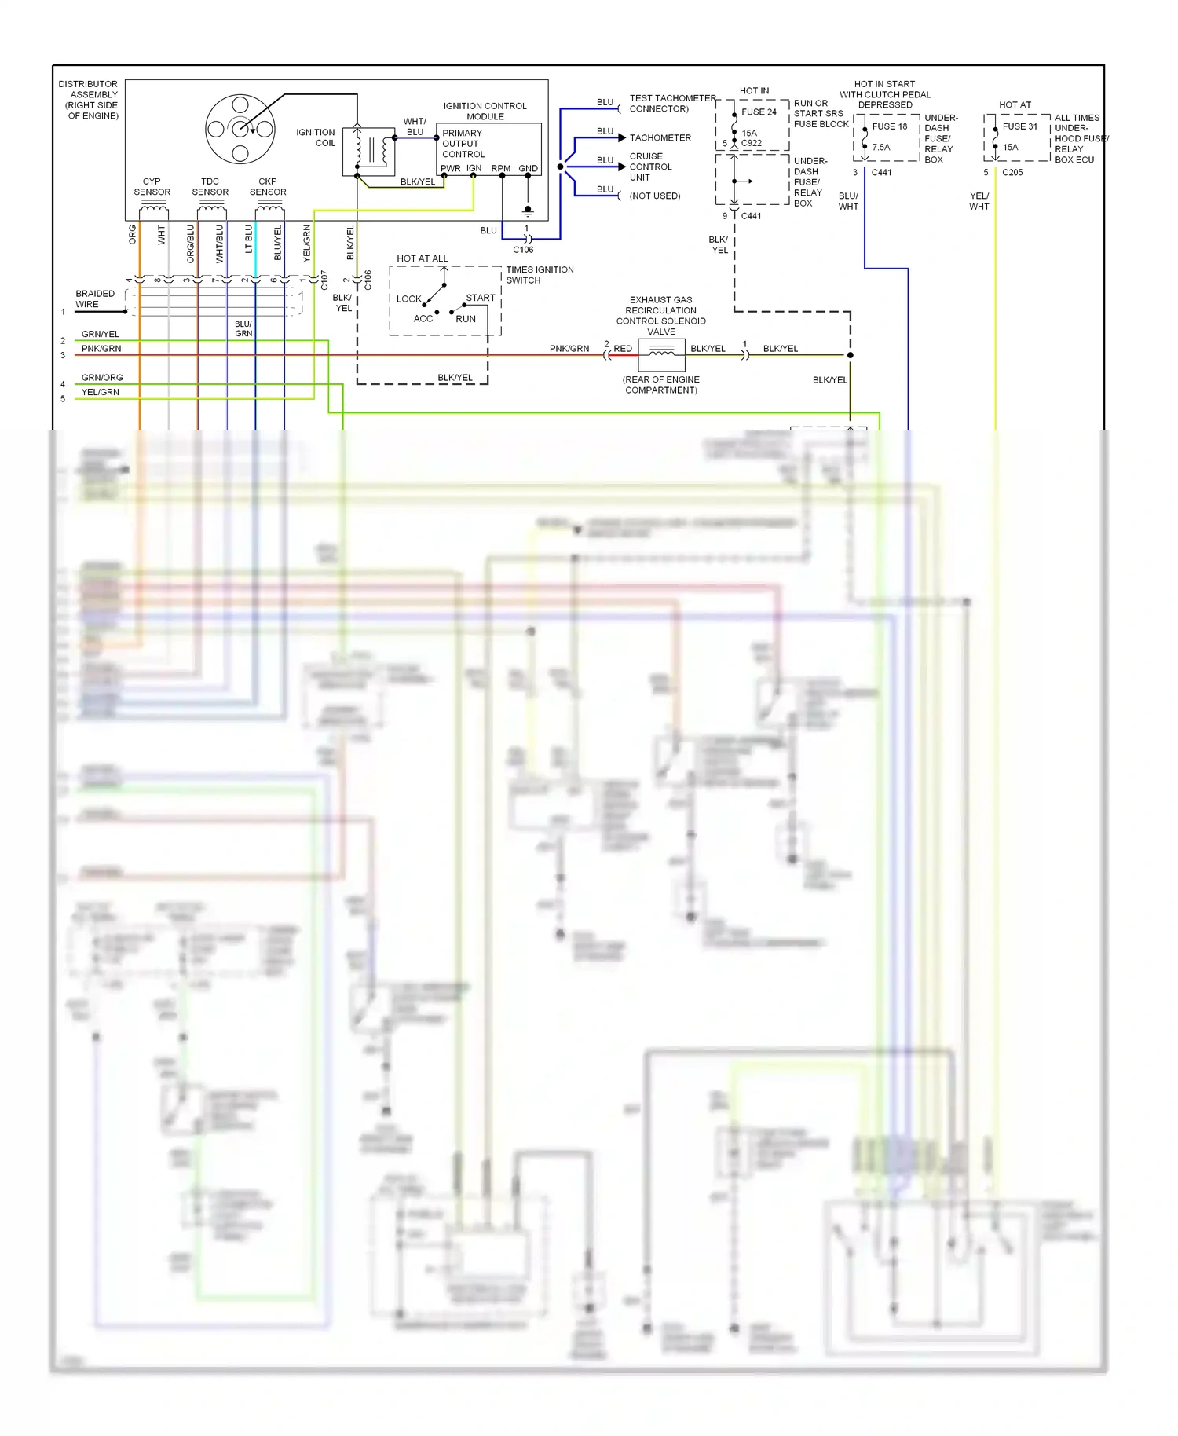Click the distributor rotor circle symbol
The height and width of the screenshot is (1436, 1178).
coord(240,128)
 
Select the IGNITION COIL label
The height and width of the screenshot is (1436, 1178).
coord(316,137)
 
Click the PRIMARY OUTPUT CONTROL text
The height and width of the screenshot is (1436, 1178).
coord(463,144)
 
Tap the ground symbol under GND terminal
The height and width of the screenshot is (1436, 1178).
coord(528,211)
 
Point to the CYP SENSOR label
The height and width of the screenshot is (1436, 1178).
coord(152,187)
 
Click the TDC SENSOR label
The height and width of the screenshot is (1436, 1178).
coord(210,187)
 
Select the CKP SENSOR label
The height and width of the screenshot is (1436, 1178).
coord(268,187)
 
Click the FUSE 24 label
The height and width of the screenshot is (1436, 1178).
coord(759,112)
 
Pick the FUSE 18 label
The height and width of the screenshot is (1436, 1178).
coord(889,126)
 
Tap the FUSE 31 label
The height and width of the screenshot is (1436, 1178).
coord(1019,126)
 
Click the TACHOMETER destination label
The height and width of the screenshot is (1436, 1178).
coord(660,138)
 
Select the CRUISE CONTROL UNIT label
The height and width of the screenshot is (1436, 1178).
coord(650,167)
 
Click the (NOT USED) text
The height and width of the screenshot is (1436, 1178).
coord(654,196)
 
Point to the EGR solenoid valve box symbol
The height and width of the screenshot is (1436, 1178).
coord(661,355)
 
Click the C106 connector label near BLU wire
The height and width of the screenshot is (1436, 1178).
coord(523,250)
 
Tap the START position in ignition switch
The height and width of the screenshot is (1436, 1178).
coord(480,298)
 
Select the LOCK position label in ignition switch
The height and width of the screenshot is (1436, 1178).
coord(408,299)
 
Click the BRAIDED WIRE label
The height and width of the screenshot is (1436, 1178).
coord(94,299)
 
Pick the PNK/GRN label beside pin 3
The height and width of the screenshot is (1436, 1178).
coord(101,349)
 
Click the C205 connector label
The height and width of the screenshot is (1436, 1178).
coord(1012,173)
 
